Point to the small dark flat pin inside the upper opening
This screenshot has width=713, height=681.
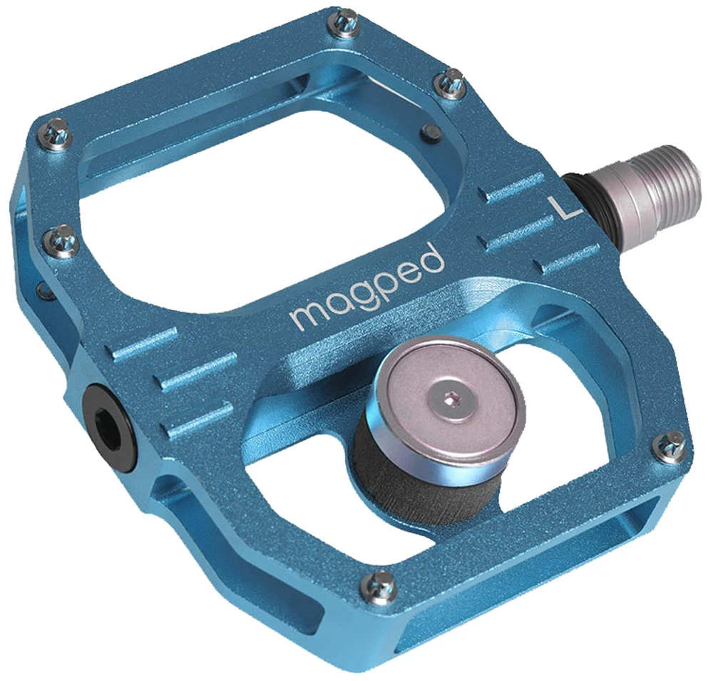tap(430, 130)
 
